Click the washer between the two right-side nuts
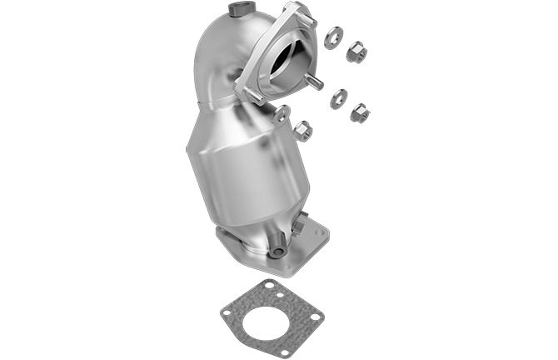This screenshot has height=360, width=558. (x=340, y=97)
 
